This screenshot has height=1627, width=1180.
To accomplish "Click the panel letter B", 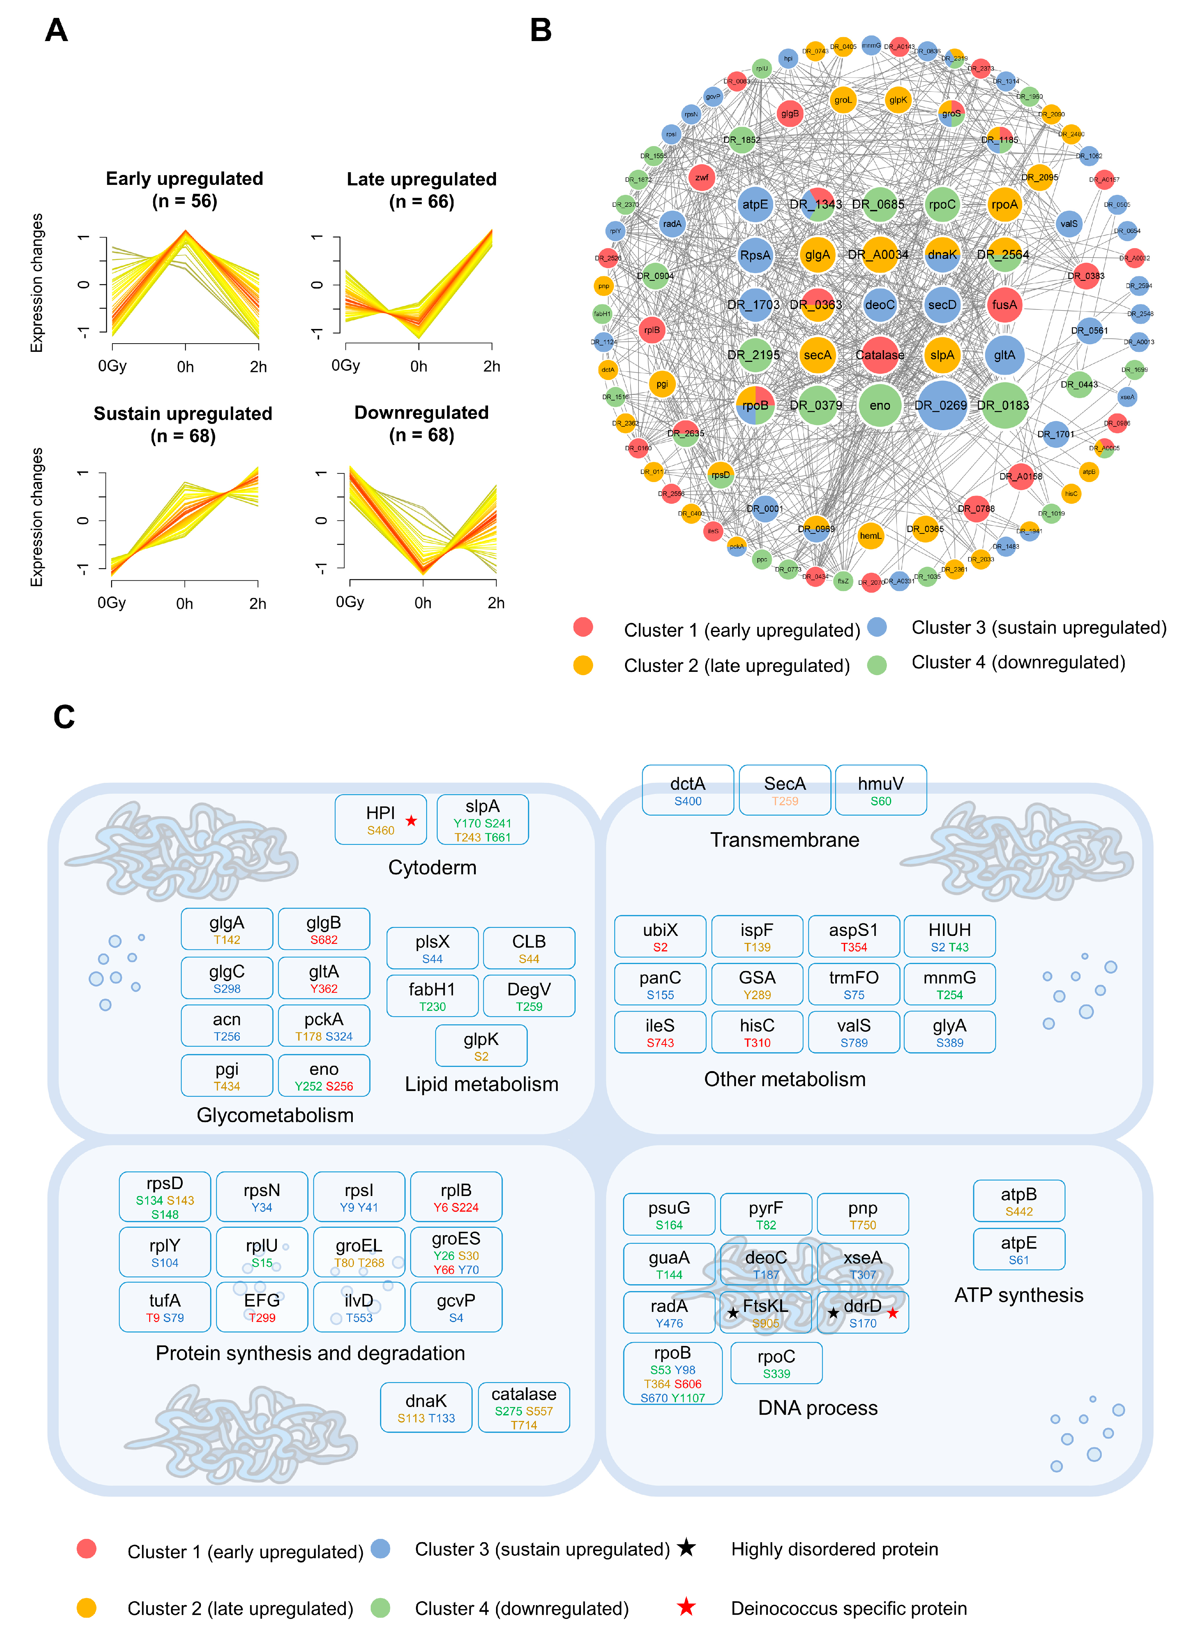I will click(x=540, y=30).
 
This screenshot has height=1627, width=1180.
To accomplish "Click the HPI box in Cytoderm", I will click(x=380, y=819).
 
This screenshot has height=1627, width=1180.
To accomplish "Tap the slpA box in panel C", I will click(x=482, y=819).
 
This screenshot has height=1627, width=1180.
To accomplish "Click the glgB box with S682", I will click(x=324, y=929).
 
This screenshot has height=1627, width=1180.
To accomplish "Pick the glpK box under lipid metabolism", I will click(x=481, y=1045).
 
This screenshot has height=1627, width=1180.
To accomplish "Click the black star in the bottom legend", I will click(x=686, y=1547).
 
